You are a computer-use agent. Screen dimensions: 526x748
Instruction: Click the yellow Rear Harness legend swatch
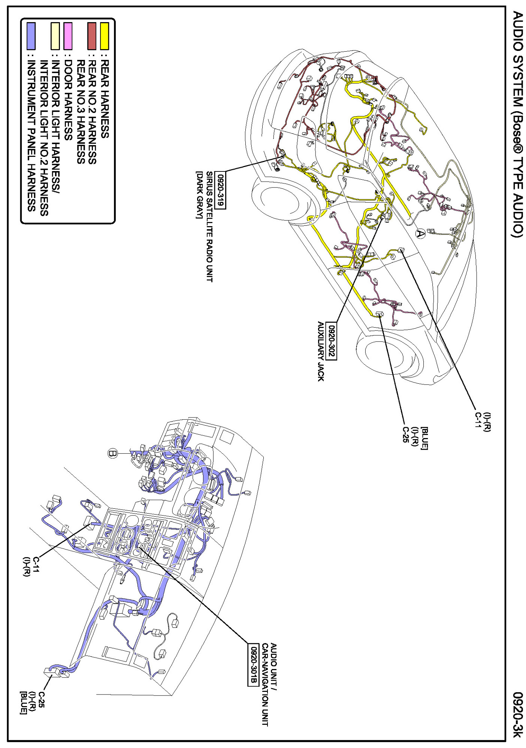click(105, 36)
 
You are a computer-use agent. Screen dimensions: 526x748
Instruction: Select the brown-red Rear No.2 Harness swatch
click(92, 36)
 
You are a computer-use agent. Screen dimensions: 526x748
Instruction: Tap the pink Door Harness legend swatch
click(68, 36)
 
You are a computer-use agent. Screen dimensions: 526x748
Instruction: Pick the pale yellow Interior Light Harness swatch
click(55, 36)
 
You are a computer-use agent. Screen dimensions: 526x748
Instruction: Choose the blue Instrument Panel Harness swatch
click(31, 36)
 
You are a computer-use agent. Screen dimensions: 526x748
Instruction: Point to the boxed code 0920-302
click(331, 340)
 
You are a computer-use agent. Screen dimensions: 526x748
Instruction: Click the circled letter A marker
click(421, 234)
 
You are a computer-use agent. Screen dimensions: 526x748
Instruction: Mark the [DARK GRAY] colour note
click(199, 195)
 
